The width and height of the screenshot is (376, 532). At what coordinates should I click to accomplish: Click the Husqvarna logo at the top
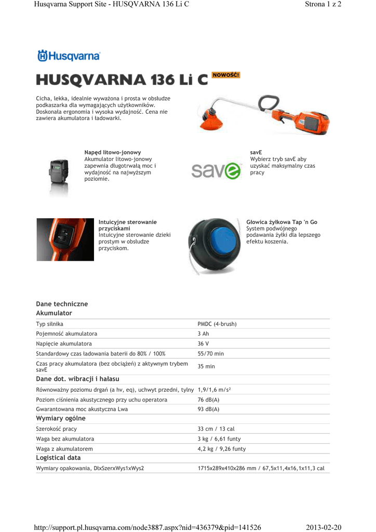[69, 56]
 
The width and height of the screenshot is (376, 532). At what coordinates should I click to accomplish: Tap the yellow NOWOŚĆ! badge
[226, 75]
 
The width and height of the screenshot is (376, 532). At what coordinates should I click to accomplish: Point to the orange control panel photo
[65, 240]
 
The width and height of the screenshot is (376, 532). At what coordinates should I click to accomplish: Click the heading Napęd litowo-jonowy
[112, 152]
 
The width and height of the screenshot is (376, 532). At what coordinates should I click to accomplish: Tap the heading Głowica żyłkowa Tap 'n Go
[281, 222]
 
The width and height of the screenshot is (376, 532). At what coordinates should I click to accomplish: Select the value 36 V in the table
[203, 343]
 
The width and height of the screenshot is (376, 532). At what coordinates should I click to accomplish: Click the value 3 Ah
[203, 334]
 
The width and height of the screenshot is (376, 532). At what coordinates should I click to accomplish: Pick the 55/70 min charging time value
[210, 353]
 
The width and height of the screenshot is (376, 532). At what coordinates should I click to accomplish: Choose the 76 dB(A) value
[209, 400]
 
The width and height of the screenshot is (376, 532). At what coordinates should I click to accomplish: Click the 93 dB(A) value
[209, 409]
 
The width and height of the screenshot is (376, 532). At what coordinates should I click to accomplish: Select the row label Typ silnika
[49, 324]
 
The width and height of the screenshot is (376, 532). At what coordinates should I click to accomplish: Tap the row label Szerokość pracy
[56, 429]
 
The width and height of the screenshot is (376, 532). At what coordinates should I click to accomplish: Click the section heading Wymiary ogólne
[60, 419]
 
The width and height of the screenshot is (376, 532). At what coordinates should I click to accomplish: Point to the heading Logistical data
[58, 458]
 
